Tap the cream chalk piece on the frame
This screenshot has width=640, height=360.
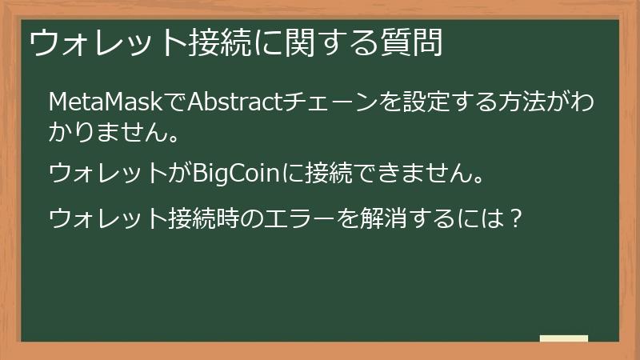coord(564,338)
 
